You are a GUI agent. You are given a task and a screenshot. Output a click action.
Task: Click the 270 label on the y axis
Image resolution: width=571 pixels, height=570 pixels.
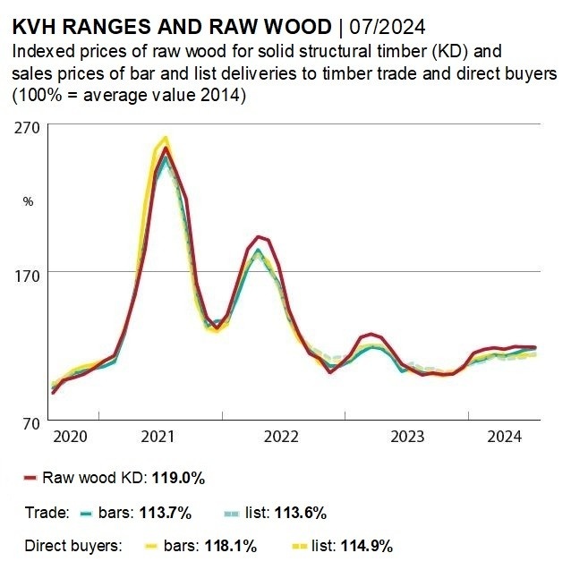pyautogui.click(x=27, y=127)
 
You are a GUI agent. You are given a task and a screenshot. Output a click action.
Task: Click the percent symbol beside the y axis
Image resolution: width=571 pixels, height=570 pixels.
pyautogui.click(x=27, y=201)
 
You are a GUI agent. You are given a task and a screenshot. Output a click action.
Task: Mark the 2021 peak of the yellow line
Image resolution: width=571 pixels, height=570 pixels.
pyautogui.click(x=165, y=138)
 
